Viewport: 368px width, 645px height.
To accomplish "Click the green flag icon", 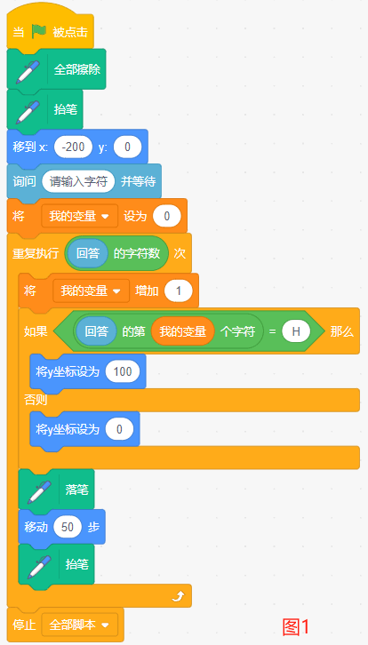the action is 39,31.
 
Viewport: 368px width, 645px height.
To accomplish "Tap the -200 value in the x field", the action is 73,147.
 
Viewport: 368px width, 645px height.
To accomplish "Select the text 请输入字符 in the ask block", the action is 78,181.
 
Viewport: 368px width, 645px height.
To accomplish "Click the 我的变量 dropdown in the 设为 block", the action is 79,216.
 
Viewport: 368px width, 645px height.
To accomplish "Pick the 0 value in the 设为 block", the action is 167,217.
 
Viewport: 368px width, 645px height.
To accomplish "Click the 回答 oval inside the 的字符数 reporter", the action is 88,253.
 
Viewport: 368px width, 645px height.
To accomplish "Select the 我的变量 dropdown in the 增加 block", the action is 91,291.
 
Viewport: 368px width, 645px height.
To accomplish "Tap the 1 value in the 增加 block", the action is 179,291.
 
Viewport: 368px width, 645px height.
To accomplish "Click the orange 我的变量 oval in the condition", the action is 183,331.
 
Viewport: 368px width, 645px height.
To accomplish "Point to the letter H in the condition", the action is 296,331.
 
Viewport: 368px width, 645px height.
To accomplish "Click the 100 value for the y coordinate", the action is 123,371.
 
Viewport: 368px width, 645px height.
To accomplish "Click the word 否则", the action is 36,400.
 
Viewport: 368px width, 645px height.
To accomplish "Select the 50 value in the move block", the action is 67,527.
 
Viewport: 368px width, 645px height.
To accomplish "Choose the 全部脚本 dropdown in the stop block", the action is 79,625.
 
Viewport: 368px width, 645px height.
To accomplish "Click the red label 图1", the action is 295,627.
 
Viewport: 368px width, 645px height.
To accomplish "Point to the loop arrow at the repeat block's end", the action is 179,595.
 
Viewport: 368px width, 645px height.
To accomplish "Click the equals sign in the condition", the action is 272,331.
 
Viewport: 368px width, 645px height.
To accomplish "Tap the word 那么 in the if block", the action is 341,332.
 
